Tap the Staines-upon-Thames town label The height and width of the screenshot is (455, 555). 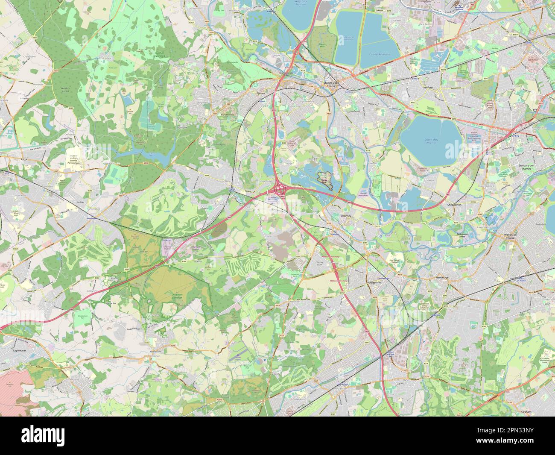[331, 85]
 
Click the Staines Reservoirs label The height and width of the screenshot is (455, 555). [380, 55]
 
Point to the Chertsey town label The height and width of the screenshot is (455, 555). [345, 216]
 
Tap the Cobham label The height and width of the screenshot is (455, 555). [526, 411]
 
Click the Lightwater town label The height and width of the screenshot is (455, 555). [9, 349]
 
